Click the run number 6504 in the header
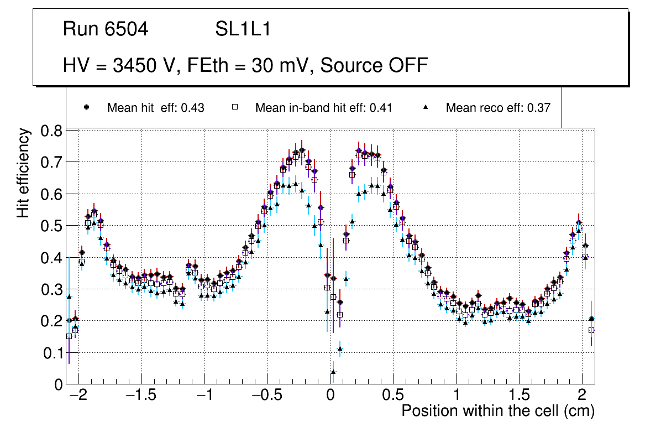127,29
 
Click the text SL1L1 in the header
243,29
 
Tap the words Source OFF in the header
374,65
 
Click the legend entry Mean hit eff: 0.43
155,108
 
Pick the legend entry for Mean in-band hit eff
323,108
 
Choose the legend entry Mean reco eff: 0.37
498,108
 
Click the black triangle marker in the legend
426,107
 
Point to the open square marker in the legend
234,107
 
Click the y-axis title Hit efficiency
24,173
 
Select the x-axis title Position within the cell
497,411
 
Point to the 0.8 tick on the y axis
51,131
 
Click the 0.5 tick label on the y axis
51,226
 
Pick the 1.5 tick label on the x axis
518,396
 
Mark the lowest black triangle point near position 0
333,372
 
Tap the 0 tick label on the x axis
330,396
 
